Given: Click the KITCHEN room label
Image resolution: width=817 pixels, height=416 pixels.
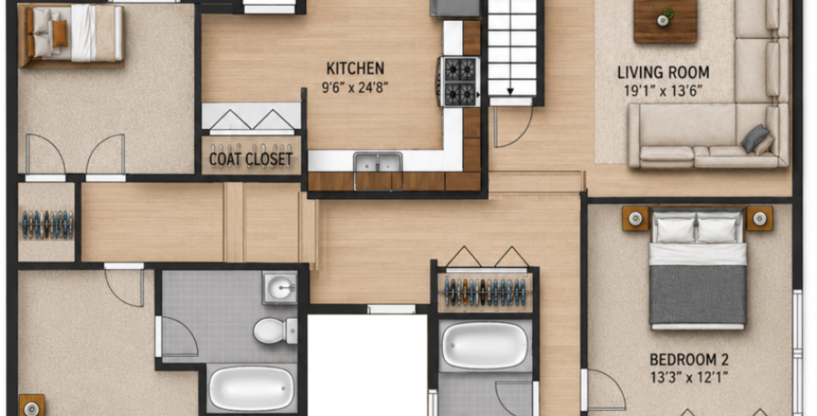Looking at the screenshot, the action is pos(355,68).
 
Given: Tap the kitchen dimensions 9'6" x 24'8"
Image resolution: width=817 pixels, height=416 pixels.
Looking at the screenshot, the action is pos(355,86).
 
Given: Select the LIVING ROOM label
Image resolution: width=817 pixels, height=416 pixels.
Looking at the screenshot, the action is pos(663,73).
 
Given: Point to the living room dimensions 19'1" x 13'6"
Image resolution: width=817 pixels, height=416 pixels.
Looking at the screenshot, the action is pos(663,91).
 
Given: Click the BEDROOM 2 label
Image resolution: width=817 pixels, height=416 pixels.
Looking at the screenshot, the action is pos(689,360).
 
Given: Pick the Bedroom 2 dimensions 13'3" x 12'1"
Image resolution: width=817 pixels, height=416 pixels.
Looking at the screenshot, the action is pos(689,377).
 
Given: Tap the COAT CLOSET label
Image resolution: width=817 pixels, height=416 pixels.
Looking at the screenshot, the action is pos(251,158).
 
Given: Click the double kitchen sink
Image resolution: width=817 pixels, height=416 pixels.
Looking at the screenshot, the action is pos(379,163).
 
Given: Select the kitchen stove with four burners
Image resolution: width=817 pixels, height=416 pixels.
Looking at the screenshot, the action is pos(459,81).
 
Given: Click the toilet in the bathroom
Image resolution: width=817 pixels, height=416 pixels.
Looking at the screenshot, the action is pos(274,331).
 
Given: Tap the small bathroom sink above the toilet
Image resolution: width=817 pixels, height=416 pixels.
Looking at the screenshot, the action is pos(280,287).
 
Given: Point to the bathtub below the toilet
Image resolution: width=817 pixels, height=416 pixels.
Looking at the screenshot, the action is pos(251,389).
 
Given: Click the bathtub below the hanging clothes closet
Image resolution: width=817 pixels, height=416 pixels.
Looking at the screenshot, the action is pos(485,345).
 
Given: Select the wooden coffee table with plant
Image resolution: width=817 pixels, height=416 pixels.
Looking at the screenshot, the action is pos(665,21).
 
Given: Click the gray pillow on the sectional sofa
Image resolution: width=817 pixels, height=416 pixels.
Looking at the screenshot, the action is pos(754,138).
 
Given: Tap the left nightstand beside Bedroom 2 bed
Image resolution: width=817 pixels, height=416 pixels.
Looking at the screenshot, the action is pos(635,218).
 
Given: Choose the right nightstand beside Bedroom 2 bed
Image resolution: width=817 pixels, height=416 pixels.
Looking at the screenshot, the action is pos(759,218).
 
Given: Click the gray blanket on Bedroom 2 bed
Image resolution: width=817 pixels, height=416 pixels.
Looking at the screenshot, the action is pos(698,294).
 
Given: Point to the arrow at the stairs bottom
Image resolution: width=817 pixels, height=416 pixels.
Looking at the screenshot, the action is pos(510,91).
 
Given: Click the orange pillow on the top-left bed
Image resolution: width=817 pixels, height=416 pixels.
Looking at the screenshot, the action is pos(60,34).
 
